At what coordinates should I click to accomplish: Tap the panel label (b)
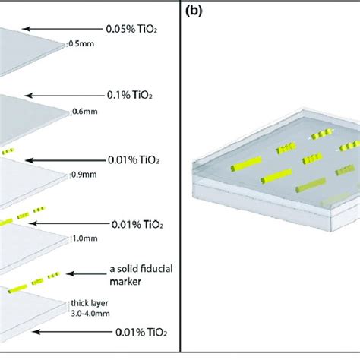tap(193, 11)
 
